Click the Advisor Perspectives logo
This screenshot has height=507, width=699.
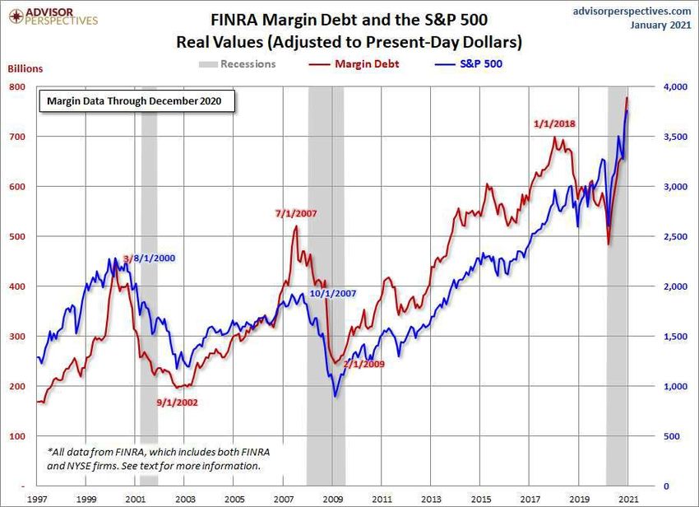click(x=51, y=14)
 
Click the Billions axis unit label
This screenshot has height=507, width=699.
click(x=26, y=69)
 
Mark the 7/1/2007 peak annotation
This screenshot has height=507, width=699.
click(x=296, y=214)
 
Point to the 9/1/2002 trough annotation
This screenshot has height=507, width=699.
click(x=177, y=402)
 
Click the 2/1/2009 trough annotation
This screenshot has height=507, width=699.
click(x=364, y=363)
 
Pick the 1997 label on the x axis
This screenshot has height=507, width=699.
click(x=38, y=500)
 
